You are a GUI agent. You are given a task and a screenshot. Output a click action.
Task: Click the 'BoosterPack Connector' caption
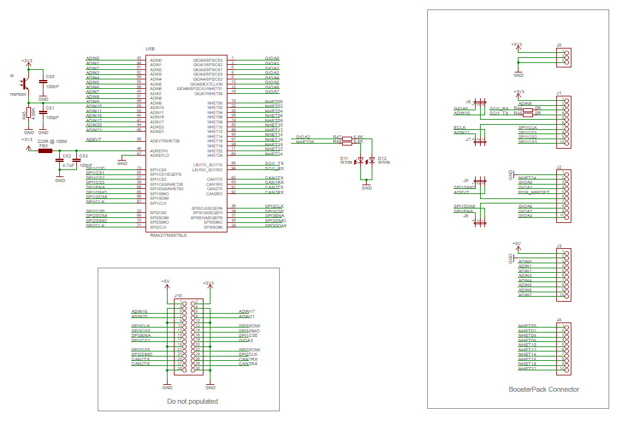point(544,389)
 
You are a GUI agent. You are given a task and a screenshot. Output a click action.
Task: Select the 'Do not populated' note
point(192,401)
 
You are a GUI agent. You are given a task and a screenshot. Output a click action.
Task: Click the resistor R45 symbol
point(29,115)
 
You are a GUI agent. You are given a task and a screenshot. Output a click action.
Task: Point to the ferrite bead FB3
point(45,151)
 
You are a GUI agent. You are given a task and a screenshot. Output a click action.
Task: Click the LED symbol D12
point(372,160)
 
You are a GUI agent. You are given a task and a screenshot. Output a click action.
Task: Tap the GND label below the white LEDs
point(367,188)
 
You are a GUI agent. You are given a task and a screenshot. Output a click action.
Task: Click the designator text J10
point(178,295)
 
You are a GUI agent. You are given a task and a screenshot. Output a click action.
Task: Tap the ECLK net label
point(459,128)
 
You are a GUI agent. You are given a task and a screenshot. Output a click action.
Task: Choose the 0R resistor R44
point(518,108)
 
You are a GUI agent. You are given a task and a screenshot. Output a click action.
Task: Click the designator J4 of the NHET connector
point(559,319)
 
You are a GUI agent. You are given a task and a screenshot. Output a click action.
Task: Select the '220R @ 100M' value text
point(52,142)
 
